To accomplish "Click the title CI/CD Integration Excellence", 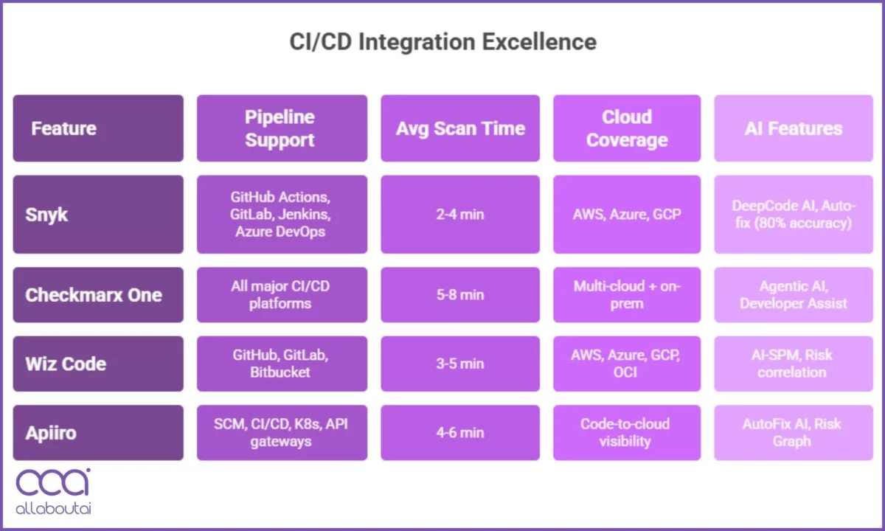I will pyautogui.click(x=442, y=42).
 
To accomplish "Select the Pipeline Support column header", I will pyautogui.click(x=281, y=128).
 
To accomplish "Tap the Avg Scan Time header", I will pyautogui.click(x=460, y=128).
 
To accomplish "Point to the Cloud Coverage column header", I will pyautogui.click(x=627, y=128).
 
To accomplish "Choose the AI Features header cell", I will pyautogui.click(x=793, y=128).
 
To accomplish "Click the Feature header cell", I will pyautogui.click(x=98, y=128).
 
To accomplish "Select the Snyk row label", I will pyautogui.click(x=98, y=215).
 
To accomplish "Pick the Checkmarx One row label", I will pyautogui.click(x=98, y=295).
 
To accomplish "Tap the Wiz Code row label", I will pyautogui.click(x=98, y=364).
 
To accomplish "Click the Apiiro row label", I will pyautogui.click(x=98, y=432).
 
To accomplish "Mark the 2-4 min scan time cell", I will pyautogui.click(x=460, y=215).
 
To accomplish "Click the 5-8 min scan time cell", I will pyautogui.click(x=460, y=295).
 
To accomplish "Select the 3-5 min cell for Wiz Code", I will pyautogui.click(x=460, y=364).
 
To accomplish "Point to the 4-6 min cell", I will pyautogui.click(x=460, y=432).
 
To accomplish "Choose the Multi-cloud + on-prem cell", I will pyautogui.click(x=627, y=295).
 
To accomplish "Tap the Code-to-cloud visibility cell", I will pyautogui.click(x=627, y=432).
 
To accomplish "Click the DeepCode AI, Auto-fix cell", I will pyautogui.click(x=793, y=215).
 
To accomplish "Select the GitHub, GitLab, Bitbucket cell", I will pyautogui.click(x=281, y=364).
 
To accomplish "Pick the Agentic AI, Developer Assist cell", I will pyautogui.click(x=793, y=295).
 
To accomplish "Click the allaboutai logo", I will pyautogui.click(x=53, y=490).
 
